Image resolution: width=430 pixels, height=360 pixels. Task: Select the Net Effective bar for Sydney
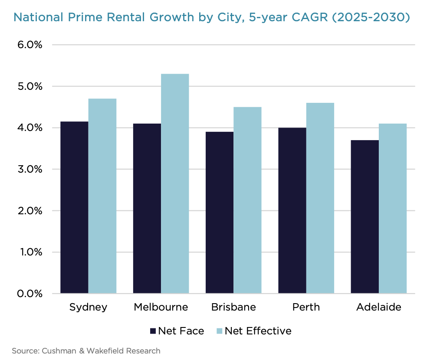(x=102, y=196)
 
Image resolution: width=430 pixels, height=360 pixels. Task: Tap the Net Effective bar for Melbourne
(x=175, y=183)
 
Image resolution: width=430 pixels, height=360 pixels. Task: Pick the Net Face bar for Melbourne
(x=147, y=209)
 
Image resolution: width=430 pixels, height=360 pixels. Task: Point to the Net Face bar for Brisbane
(x=220, y=213)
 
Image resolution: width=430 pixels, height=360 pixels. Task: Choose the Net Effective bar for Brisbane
(x=247, y=200)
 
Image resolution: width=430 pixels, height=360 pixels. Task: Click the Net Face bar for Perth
(x=292, y=210)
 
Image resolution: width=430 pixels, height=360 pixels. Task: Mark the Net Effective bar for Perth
(x=320, y=198)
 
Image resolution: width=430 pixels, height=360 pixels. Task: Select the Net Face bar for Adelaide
(x=364, y=217)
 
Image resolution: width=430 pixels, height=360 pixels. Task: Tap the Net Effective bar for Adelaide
(x=393, y=209)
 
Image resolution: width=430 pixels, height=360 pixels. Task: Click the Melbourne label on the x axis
(x=161, y=308)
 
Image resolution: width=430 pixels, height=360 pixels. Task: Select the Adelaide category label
(x=379, y=308)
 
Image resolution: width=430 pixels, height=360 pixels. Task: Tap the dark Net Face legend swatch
(x=153, y=331)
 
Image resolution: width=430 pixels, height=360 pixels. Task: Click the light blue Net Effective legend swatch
(x=220, y=331)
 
